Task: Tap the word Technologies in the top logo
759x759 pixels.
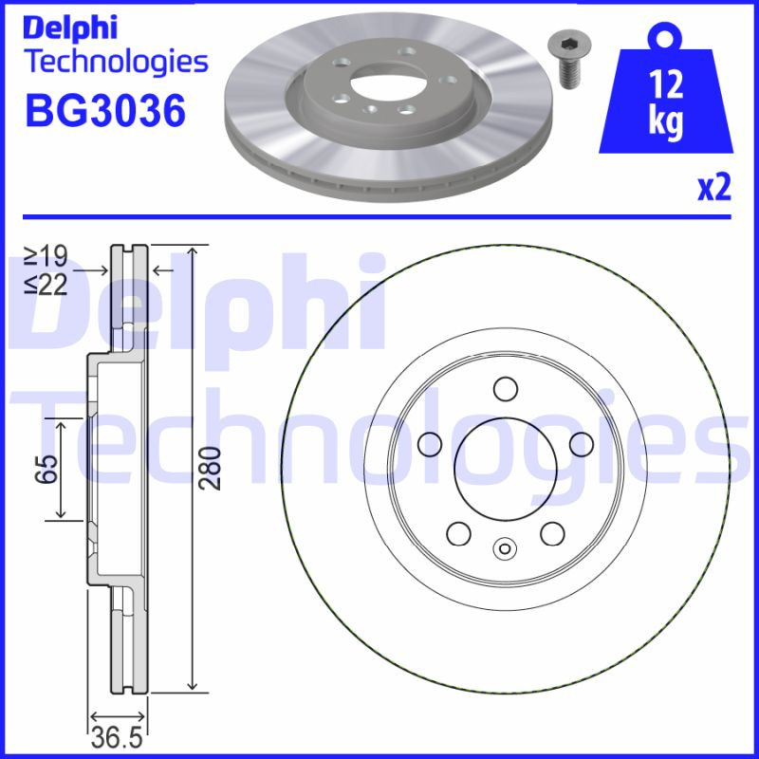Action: coord(115,62)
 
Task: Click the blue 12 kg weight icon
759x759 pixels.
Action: coord(668,100)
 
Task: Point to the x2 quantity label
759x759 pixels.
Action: coord(714,189)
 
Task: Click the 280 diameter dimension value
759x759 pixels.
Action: coord(214,468)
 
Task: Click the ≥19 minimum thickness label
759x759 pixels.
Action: coord(46,254)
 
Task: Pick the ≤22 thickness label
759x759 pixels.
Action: coord(46,284)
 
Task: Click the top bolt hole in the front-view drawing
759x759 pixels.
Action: coord(505,388)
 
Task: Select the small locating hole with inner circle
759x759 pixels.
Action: coord(505,547)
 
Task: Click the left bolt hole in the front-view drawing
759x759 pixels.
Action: coord(429,443)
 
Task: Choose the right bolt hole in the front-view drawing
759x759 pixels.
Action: coord(582,443)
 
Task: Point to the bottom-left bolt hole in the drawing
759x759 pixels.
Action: coord(458,533)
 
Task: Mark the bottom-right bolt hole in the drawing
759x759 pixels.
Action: coord(552,533)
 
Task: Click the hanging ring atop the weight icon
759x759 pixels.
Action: coord(667,36)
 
